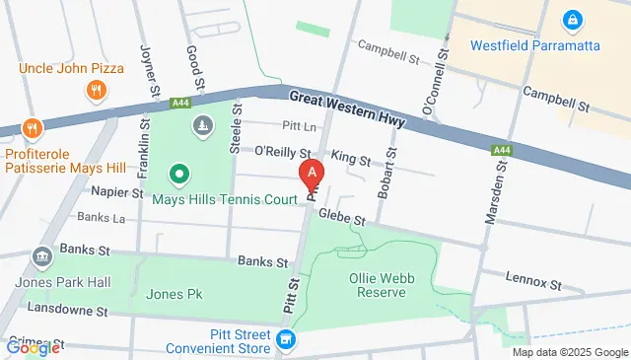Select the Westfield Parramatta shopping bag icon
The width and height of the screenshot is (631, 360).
click(571, 19)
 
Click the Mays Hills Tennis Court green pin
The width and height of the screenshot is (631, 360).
click(179, 176)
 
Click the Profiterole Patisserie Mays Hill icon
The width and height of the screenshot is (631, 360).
click(32, 128)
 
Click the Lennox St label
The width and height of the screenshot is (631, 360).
click(533, 280)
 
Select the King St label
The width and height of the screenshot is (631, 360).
click(351, 159)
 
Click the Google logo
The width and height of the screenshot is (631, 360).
click(32, 346)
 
